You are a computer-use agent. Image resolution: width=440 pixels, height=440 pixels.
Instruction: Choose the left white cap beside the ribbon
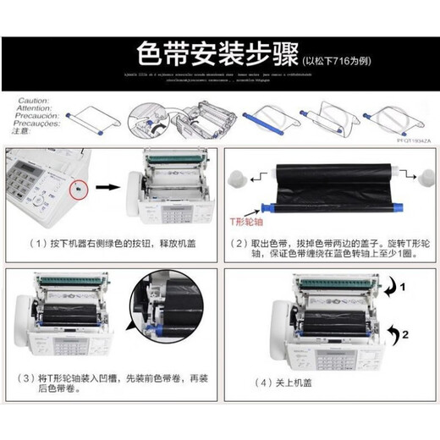(237, 179)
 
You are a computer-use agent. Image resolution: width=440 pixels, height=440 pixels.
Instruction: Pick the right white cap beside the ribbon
(410, 179)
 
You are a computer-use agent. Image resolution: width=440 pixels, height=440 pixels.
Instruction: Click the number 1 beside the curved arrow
(404, 288)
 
